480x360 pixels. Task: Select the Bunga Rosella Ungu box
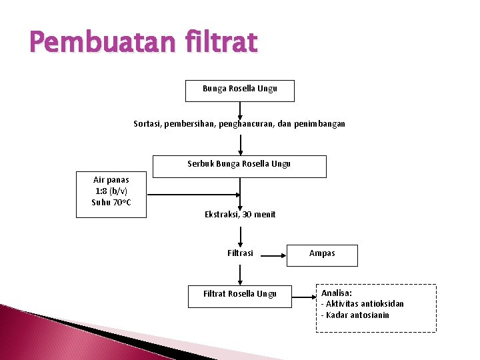[239, 91]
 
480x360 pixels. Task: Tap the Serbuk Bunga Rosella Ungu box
[239, 166]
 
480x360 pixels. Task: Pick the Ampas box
[322, 255]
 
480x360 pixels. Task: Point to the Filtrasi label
[240, 253]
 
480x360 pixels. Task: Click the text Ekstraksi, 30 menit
[240, 214]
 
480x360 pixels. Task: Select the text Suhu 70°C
[111, 202]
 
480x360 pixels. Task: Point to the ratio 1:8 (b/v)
[111, 191]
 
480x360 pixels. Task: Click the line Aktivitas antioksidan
[364, 304]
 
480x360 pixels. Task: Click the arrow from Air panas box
[193, 195]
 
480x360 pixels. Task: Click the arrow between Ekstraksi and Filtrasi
[240, 235]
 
